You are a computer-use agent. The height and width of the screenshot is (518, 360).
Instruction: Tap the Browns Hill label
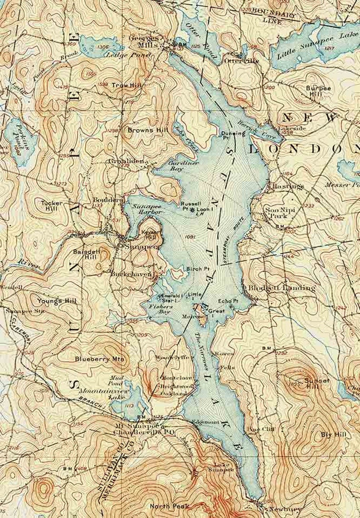tap(141, 130)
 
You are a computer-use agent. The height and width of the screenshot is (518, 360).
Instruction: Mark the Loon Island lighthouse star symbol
tap(193, 210)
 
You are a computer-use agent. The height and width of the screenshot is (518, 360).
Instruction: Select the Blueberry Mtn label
tap(99, 359)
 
